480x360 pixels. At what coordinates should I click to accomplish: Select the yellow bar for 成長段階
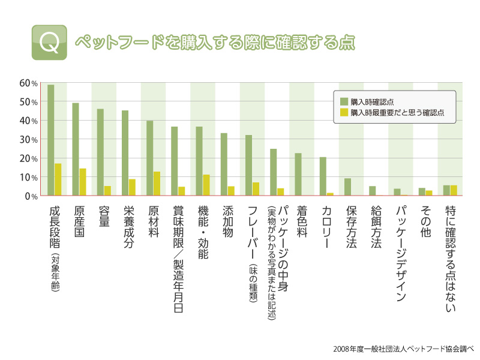(58, 179)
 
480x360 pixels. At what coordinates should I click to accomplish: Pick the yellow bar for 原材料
(157, 184)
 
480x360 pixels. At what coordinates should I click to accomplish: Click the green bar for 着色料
(298, 175)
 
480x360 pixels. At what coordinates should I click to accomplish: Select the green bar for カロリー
(323, 176)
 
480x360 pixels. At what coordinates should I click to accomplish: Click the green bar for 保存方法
(347, 187)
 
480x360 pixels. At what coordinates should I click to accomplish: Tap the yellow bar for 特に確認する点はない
(454, 190)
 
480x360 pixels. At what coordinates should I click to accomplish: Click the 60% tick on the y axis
(29, 83)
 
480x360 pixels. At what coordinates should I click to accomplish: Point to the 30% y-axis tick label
(29, 139)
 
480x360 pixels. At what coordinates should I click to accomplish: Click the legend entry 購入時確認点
(372, 101)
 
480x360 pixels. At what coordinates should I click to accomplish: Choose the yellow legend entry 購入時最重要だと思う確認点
(397, 112)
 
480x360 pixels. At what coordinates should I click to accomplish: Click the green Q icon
(49, 43)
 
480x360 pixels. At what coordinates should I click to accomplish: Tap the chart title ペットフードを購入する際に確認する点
(214, 43)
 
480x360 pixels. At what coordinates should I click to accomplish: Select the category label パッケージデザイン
(401, 254)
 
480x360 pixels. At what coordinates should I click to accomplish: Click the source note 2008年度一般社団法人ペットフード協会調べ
(404, 348)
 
